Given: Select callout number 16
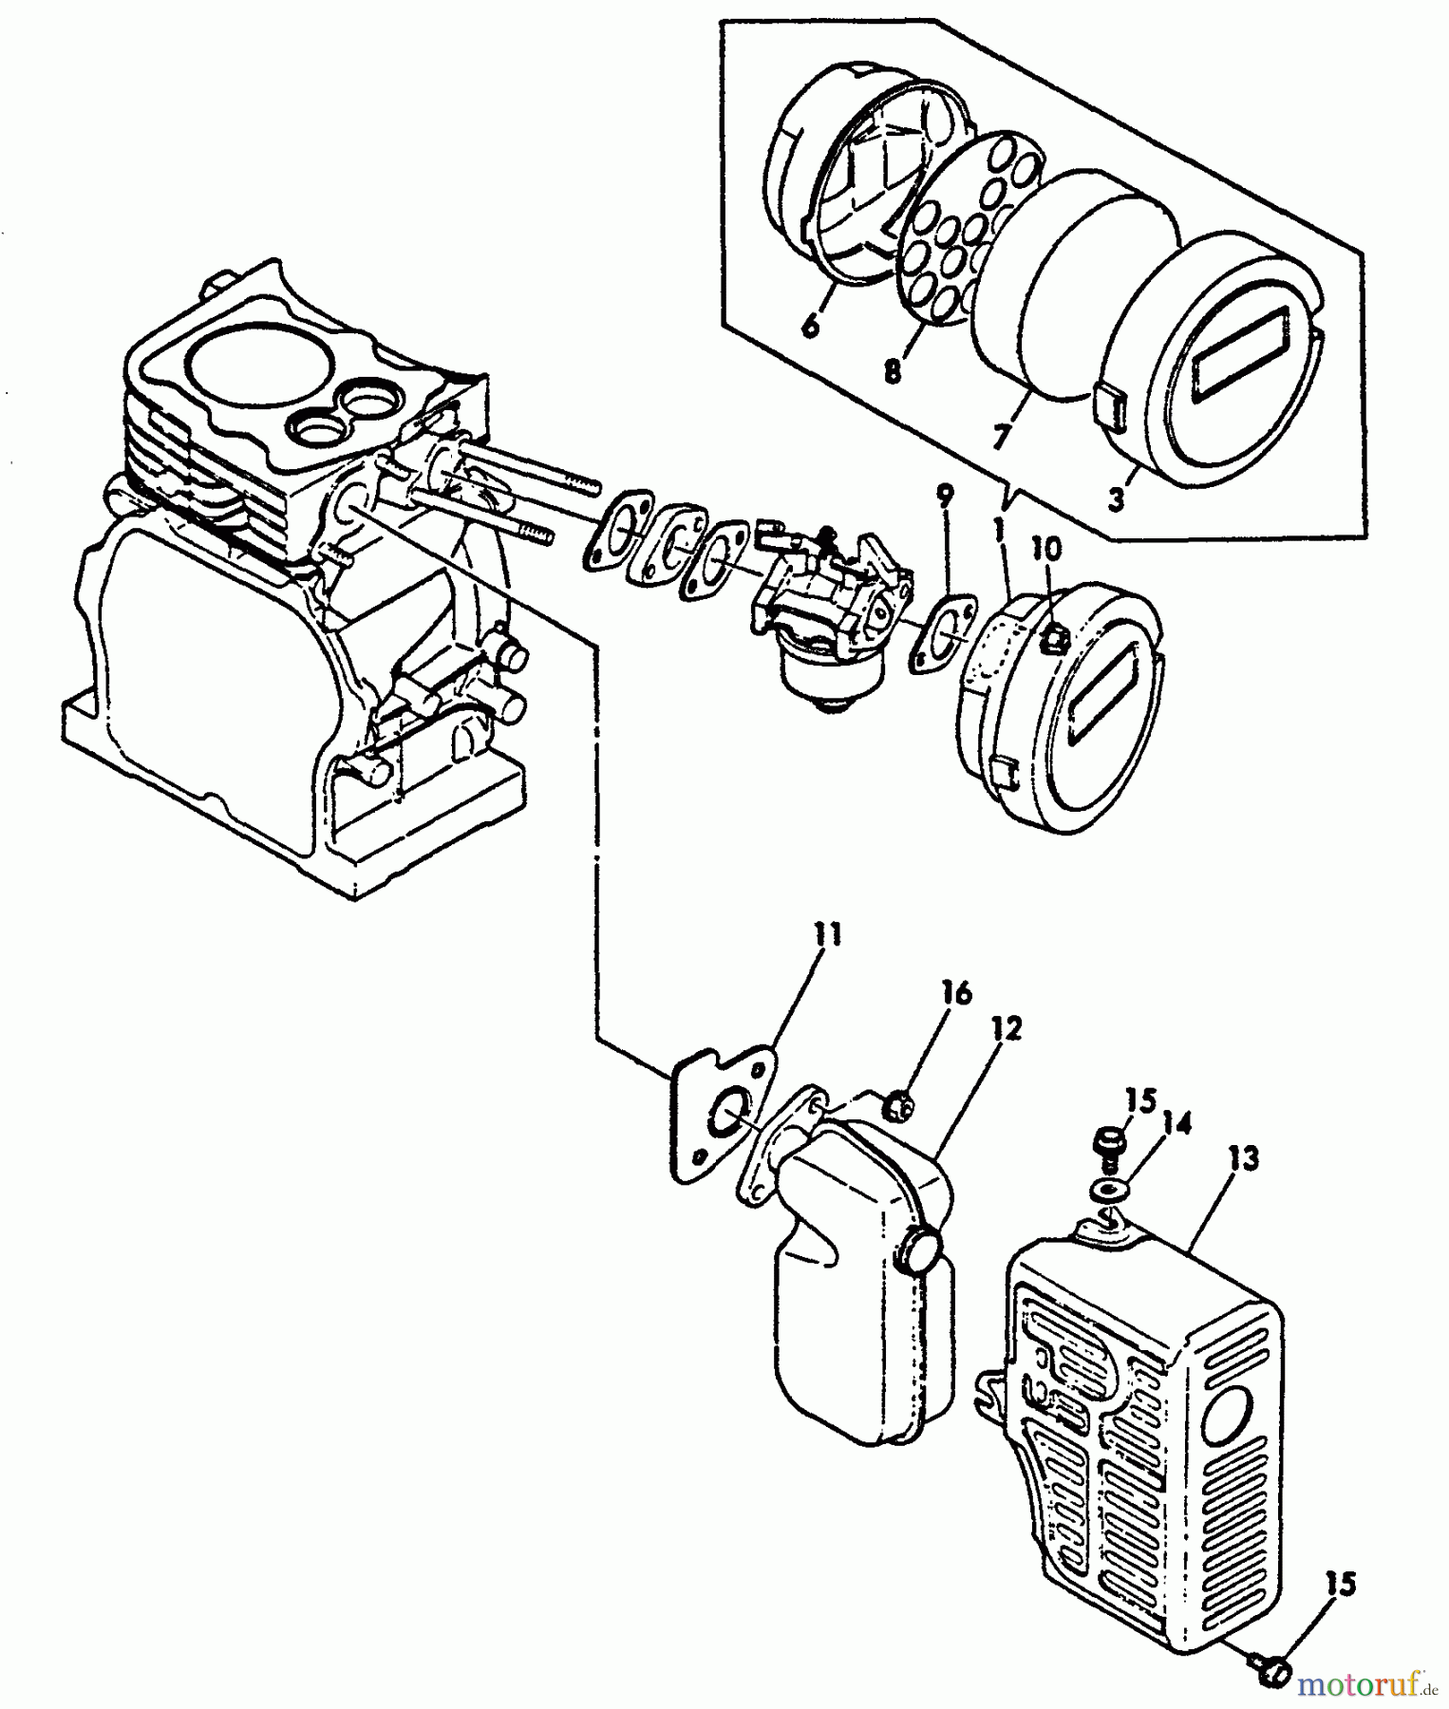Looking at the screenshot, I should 957,994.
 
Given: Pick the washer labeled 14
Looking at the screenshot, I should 1104,1189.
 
